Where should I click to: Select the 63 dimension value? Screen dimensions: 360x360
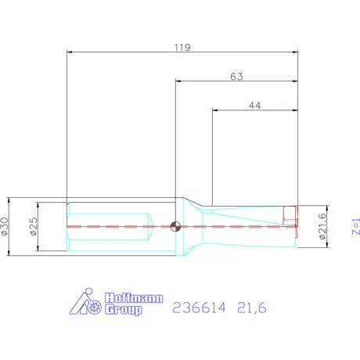tap(236, 76)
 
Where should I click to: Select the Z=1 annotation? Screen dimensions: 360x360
tap(354, 227)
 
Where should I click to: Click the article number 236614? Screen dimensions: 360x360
tap(200, 309)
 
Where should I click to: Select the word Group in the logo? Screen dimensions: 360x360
tap(124, 310)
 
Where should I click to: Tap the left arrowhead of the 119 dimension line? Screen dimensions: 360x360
tap(70, 52)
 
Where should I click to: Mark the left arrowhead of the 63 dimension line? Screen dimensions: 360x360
tap(178, 81)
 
